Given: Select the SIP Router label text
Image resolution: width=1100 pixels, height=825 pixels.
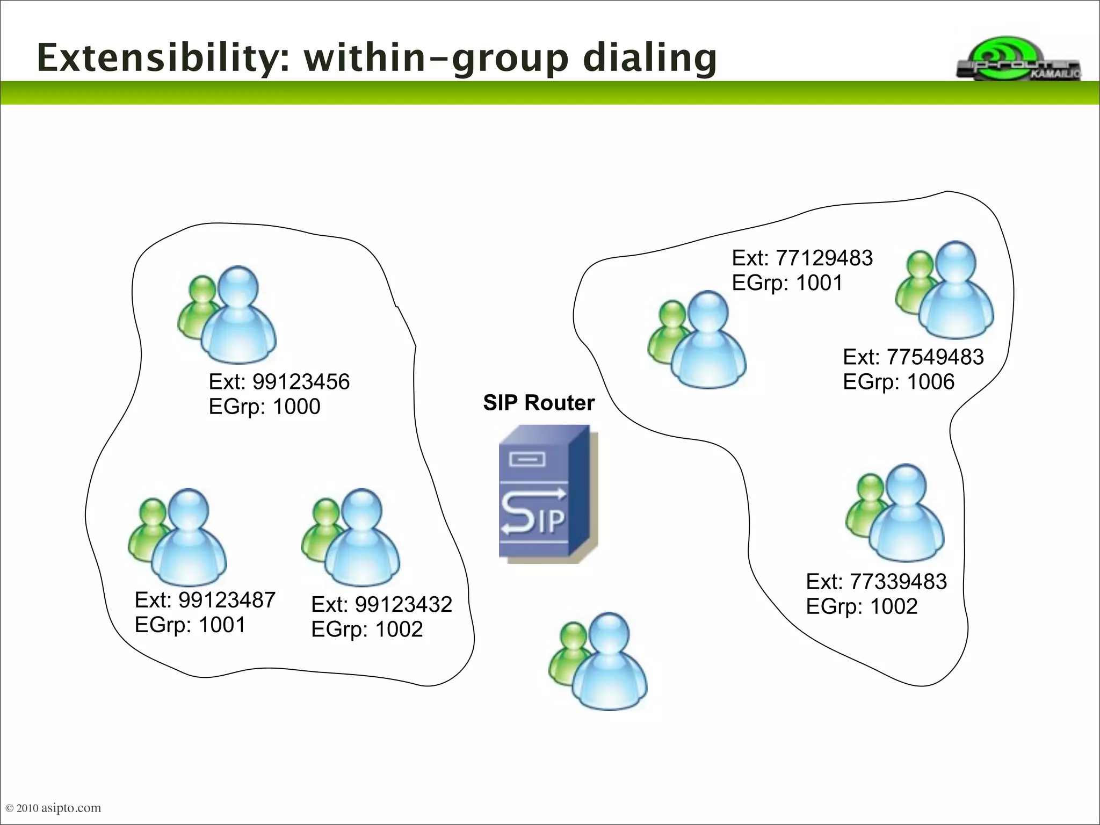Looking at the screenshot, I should pyautogui.click(x=539, y=403).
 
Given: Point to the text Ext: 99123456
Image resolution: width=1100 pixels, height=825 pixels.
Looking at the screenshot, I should pyautogui.click(x=279, y=382).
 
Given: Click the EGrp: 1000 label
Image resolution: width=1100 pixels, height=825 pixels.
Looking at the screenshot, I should pyautogui.click(x=264, y=407).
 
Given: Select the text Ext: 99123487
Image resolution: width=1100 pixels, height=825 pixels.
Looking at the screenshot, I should pyautogui.click(x=205, y=600).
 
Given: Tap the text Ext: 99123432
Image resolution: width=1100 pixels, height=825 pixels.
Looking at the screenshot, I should pyautogui.click(x=381, y=605).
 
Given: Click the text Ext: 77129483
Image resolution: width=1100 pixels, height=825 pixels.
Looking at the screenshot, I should pyautogui.click(x=802, y=258).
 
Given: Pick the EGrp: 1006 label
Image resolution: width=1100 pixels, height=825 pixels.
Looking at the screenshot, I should pyautogui.click(x=898, y=382).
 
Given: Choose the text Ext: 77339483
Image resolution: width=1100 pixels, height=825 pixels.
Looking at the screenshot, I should pyautogui.click(x=876, y=582).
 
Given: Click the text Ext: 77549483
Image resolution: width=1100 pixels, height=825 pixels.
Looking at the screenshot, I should pyautogui.click(x=913, y=357).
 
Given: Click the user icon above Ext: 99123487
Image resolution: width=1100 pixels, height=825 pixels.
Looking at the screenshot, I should pyautogui.click(x=178, y=537).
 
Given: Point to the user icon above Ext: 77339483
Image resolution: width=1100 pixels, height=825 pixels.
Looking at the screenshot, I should pyautogui.click(x=895, y=513).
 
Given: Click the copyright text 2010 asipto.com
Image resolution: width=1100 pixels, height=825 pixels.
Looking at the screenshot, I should pyautogui.click(x=53, y=808).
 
